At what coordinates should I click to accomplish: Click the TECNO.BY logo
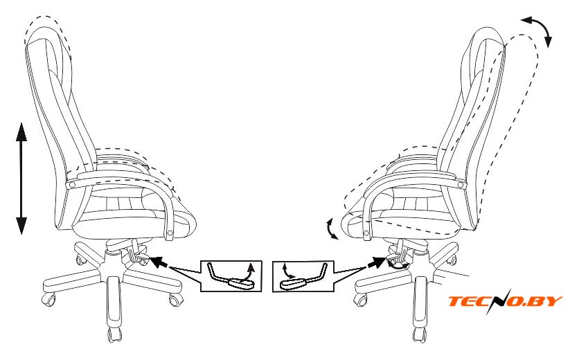coord(506,301)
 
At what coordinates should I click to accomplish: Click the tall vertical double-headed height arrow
coord(21,179)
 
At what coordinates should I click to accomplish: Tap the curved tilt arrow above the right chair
coord(537,30)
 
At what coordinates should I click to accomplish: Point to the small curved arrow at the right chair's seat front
coord(332,229)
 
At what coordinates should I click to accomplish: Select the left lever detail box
coord(231,276)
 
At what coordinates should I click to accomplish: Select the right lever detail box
coord(303,276)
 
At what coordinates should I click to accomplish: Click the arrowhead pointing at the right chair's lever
coord(377,262)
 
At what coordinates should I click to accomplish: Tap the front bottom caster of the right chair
coord(420,334)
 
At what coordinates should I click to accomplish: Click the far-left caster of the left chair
coord(48,299)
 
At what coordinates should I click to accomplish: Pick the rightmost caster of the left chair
coord(176,300)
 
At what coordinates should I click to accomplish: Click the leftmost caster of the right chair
coord(360,299)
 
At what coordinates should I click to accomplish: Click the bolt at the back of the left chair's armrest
coord(71,185)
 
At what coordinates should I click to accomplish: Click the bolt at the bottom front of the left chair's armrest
coord(170,233)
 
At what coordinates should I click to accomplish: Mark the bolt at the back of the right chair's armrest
coord(461,186)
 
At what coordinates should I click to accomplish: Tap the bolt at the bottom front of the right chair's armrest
coord(366,233)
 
